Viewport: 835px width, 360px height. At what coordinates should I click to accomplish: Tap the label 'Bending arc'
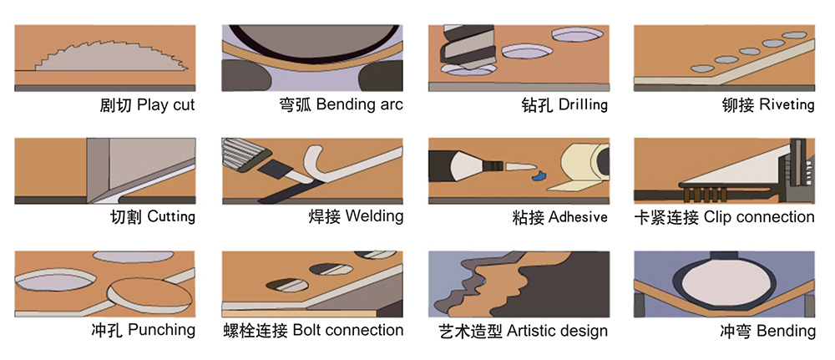[x=359, y=104]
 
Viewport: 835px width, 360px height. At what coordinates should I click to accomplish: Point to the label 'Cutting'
[x=171, y=216]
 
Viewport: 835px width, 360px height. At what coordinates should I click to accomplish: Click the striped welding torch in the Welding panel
[x=241, y=154]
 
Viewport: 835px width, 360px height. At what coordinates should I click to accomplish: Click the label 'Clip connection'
[x=759, y=216]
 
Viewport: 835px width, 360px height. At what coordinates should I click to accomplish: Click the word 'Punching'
[x=162, y=330]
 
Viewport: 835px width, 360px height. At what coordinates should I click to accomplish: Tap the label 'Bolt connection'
[x=348, y=330]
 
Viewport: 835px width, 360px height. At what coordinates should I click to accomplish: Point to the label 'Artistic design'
[x=557, y=331]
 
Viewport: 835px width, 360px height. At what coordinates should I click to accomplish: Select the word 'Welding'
[x=374, y=216]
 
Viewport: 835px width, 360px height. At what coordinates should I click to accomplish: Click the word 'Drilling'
[x=583, y=104]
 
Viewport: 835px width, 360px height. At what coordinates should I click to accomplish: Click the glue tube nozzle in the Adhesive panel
[x=520, y=166]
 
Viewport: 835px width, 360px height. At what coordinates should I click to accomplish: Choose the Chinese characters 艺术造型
[x=470, y=331]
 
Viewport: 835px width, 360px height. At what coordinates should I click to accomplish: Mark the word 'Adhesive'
[x=578, y=216]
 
